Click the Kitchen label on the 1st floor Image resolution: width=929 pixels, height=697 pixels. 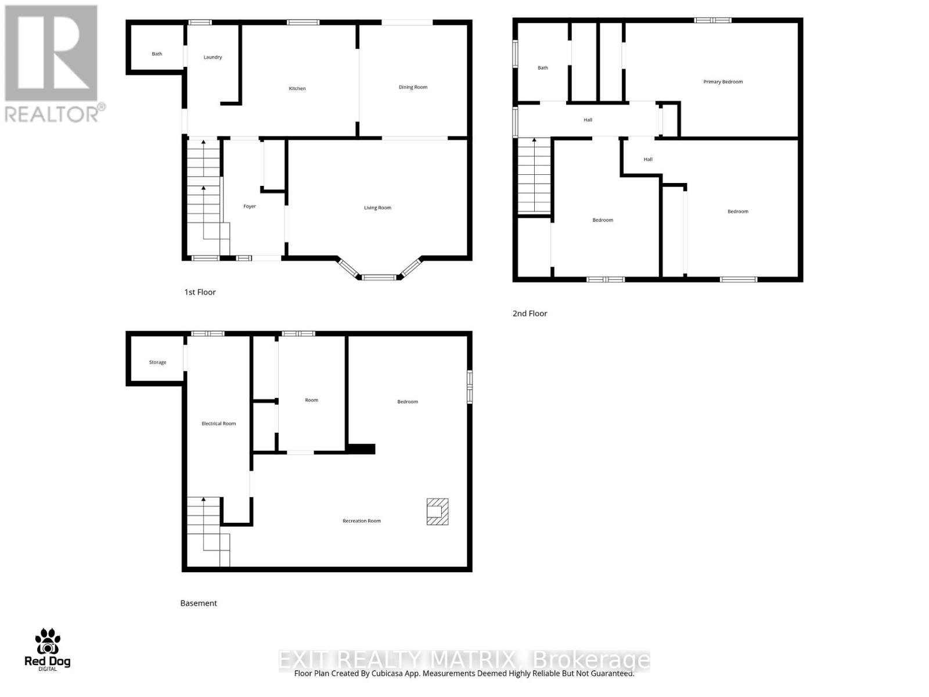point(297,89)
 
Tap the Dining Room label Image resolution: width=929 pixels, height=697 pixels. point(413,88)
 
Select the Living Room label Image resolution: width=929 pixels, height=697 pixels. point(377,208)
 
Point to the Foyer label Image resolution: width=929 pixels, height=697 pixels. point(250,207)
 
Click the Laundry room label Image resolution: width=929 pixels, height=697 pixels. point(213,58)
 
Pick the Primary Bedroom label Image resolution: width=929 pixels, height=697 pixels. point(723,82)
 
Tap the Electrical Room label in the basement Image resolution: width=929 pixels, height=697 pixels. point(219,424)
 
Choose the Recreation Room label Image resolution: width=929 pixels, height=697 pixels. point(362,521)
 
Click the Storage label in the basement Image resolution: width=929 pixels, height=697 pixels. point(157,362)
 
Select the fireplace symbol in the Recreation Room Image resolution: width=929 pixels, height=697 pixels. point(437,512)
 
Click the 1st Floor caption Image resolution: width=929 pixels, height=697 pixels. point(200,292)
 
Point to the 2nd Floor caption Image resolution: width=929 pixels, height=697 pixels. point(530,314)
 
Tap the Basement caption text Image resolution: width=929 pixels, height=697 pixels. point(199,603)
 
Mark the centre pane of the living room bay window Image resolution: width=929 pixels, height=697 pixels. point(380,278)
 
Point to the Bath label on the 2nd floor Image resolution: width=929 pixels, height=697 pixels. point(543,68)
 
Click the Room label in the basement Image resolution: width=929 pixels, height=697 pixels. point(312,400)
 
